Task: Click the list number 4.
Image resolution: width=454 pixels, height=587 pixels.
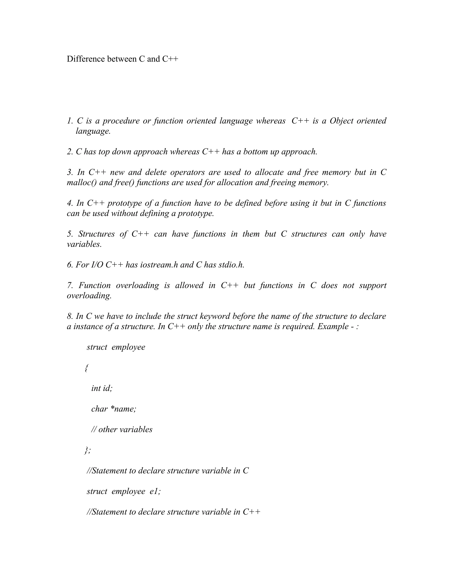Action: (69, 203)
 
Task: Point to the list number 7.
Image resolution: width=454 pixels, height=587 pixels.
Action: (69, 286)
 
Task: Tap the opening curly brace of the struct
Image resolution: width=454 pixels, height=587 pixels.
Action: (86, 368)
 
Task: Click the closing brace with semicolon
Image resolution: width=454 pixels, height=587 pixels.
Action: (87, 450)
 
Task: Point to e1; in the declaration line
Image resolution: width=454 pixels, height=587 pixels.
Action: (155, 492)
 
